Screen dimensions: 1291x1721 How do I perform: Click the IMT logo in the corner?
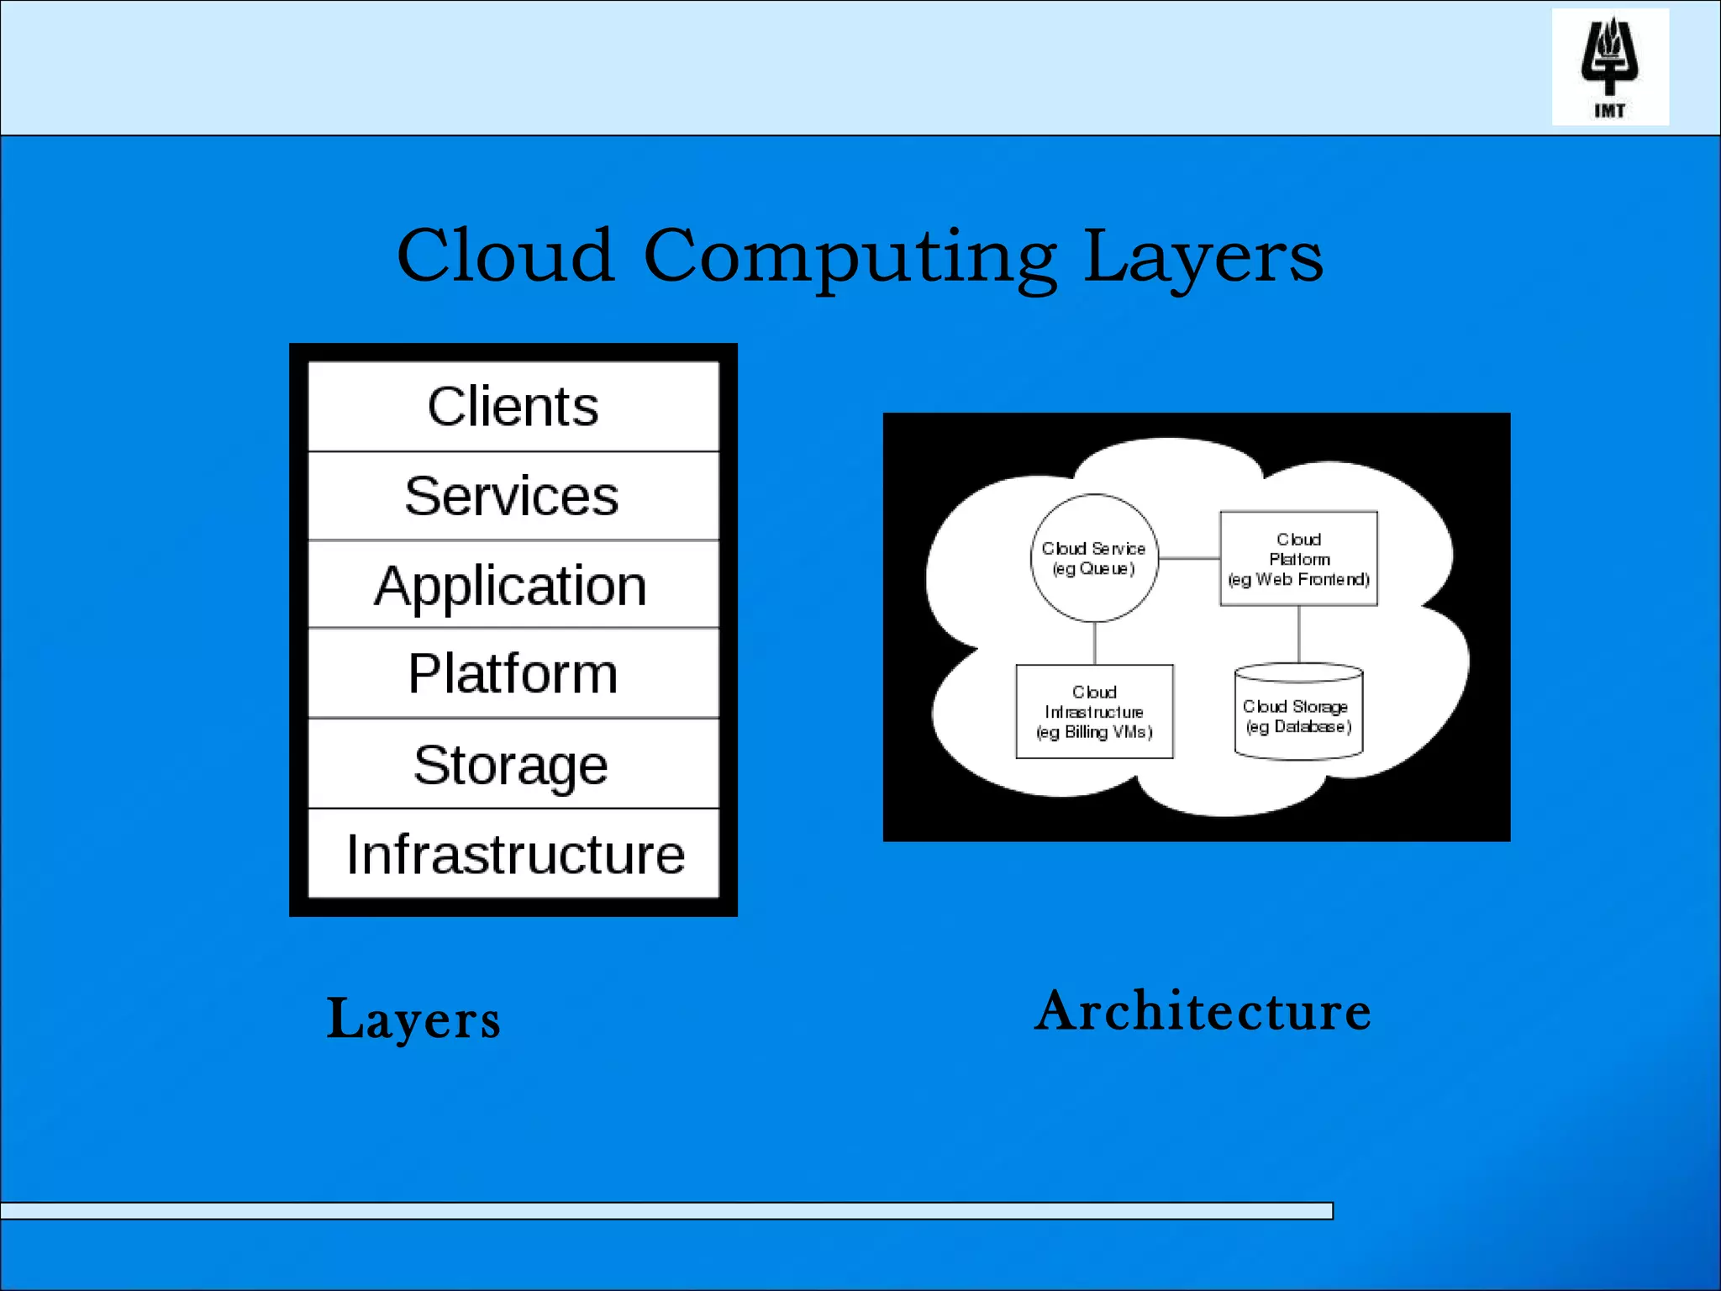(x=1609, y=66)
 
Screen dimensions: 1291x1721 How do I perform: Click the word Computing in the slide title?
(x=849, y=256)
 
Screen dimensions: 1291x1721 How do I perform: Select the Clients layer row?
(x=513, y=407)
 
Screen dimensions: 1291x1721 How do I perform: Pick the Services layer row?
(x=513, y=496)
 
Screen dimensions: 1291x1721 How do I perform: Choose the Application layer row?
(x=513, y=585)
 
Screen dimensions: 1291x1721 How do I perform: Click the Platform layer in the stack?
(x=513, y=674)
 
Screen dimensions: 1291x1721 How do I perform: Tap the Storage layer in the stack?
(x=513, y=765)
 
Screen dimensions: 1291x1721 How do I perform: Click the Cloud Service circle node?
(x=1094, y=558)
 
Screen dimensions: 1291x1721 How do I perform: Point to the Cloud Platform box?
(x=1298, y=559)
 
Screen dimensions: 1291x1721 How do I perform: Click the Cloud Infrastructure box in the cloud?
(x=1094, y=712)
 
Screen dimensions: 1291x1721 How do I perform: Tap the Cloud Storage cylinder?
(x=1298, y=714)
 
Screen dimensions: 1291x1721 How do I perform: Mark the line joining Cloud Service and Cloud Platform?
(x=1189, y=558)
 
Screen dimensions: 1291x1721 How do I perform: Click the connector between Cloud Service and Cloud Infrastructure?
(x=1094, y=643)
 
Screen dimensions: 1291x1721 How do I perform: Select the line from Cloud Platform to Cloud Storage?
(x=1298, y=635)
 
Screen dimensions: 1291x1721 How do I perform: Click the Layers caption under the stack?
(x=413, y=1020)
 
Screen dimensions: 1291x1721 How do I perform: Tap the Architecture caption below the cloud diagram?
(x=1203, y=1011)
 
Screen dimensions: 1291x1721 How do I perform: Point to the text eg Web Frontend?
(x=1298, y=580)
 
